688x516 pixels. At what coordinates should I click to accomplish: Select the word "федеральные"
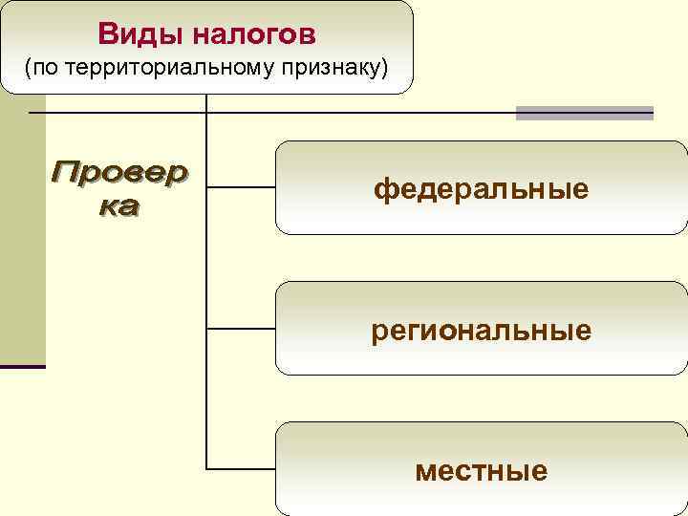tap(481, 189)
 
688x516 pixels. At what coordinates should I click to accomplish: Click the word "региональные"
tap(481, 331)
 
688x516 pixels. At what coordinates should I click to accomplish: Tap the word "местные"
tap(481, 470)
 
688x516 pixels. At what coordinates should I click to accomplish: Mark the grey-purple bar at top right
tap(584, 113)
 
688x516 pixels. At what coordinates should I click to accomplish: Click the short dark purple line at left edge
tap(22, 366)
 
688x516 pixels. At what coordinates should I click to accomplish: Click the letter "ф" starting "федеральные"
tap(382, 189)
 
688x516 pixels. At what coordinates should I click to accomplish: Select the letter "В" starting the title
tap(107, 35)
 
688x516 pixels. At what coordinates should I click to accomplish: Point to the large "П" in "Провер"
tap(67, 173)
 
